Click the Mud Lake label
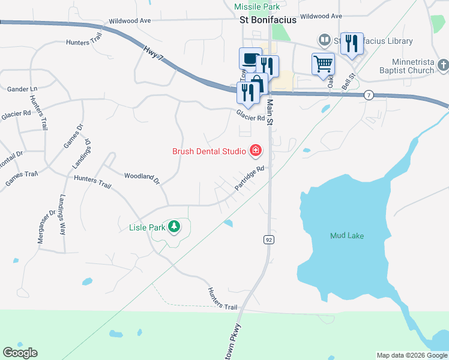click(347, 236)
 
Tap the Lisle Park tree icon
click(174, 226)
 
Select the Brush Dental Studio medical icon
click(256, 149)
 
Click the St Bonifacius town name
click(268, 20)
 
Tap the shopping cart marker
click(323, 63)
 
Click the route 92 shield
click(268, 240)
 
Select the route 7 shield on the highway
click(369, 95)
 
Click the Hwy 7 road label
click(154, 52)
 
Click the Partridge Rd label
click(250, 179)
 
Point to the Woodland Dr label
click(142, 177)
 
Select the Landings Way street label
click(62, 214)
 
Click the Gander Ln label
click(22, 89)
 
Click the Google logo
click(20, 353)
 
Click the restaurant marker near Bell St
click(352, 43)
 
